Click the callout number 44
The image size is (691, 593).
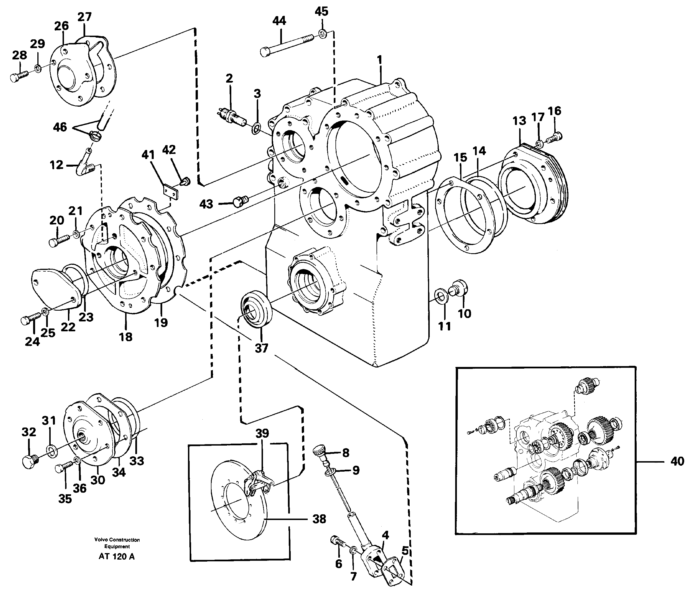[x=279, y=21]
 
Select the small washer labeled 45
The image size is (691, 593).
[x=322, y=33]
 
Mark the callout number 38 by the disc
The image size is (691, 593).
[x=319, y=519]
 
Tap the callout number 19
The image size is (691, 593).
[x=161, y=322]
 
